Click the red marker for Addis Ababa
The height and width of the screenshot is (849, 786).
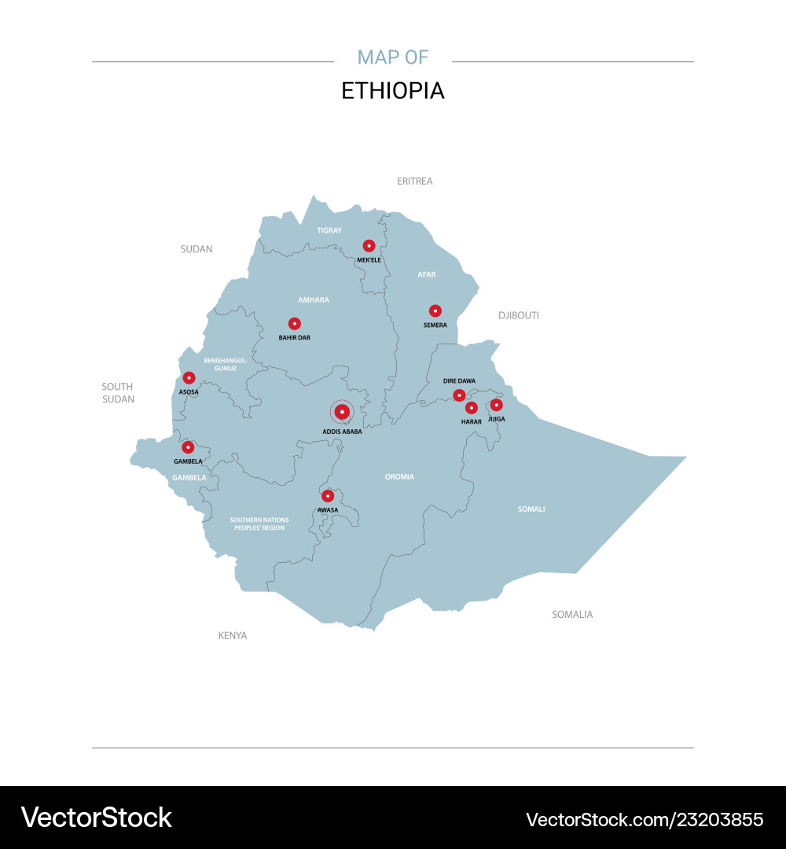342,412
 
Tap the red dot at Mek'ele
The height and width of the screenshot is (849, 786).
369,246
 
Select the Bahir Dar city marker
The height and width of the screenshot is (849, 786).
295,323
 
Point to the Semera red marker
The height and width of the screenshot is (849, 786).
435,311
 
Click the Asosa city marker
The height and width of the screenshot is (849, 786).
189,378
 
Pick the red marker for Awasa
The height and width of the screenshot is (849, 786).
328,496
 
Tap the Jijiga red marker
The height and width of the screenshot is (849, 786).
496,405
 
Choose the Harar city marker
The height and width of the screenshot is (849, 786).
472,408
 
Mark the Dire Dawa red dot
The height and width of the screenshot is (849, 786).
459,395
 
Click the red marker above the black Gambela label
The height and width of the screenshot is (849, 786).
189,447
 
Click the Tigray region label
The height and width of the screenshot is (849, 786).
329,230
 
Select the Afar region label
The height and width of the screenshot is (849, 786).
427,275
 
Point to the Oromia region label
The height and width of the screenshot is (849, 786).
399,477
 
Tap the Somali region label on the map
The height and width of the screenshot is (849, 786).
531,509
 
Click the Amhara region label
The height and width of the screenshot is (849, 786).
314,300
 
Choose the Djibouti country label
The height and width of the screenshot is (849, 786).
519,315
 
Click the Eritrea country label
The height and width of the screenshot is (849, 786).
415,182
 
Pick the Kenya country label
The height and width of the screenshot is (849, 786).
233,635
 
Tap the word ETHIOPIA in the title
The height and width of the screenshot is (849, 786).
393,91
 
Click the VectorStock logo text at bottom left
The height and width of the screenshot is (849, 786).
97,818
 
